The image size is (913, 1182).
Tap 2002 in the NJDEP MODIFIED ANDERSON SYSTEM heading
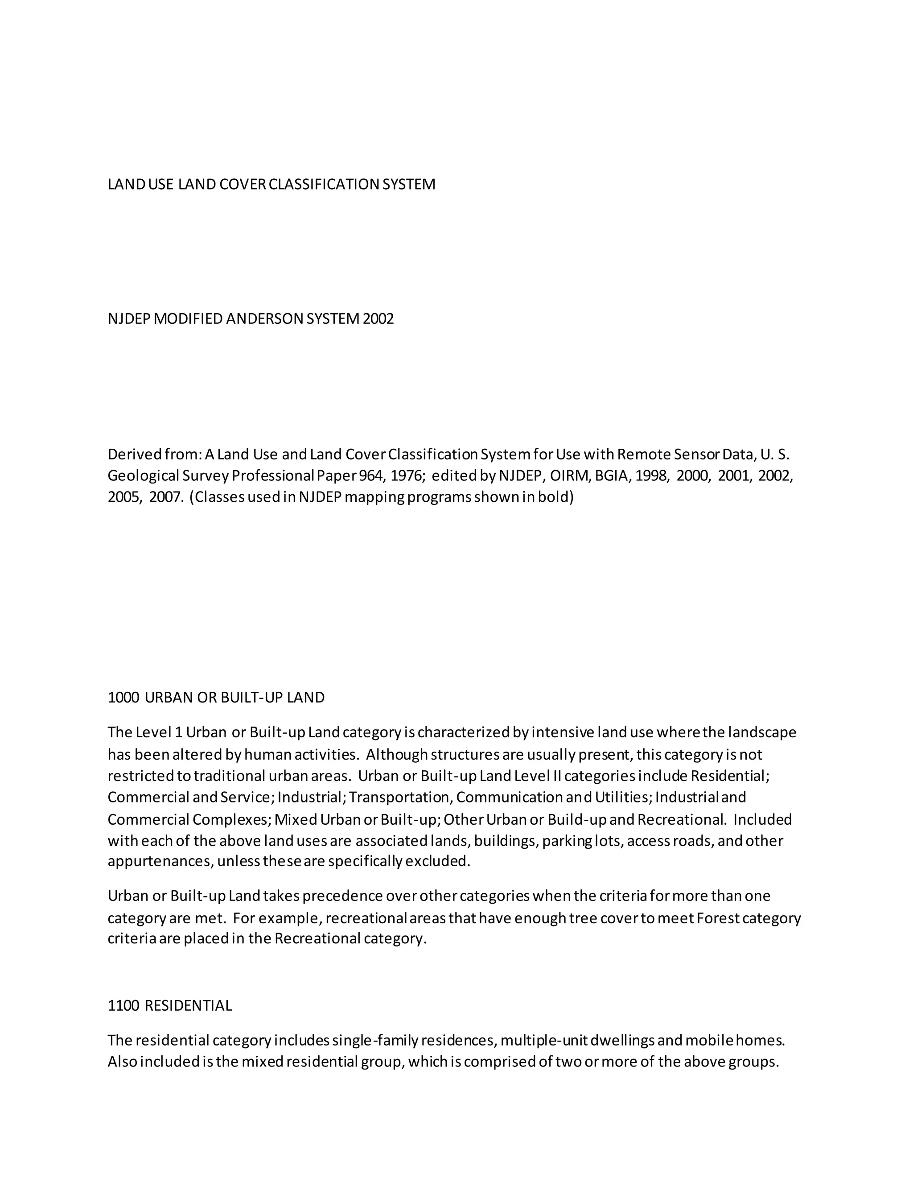click(x=378, y=319)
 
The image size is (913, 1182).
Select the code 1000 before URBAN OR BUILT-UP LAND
click(x=123, y=698)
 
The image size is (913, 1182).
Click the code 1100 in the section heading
click(x=123, y=1005)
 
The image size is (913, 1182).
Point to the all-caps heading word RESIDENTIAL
click(x=188, y=1005)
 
